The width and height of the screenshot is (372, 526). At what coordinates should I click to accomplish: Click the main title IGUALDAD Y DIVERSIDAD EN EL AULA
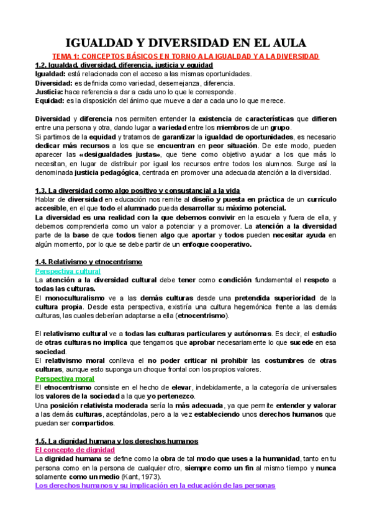(x=186, y=43)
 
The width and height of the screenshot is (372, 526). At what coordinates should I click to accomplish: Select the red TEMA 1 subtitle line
(x=185, y=56)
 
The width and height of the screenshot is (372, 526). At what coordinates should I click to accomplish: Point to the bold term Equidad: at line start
(x=50, y=100)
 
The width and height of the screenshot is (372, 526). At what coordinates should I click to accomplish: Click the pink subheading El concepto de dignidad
(x=75, y=450)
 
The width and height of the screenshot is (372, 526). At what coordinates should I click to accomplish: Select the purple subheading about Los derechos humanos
(x=155, y=486)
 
